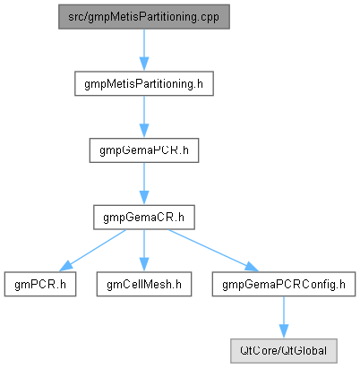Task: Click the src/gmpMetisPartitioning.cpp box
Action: click(x=144, y=17)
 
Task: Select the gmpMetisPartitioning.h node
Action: click(x=144, y=83)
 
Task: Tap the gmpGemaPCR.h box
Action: click(x=144, y=150)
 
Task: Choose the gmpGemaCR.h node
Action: click(x=144, y=218)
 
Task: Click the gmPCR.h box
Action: click(x=40, y=284)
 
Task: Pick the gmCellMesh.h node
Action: click(x=144, y=284)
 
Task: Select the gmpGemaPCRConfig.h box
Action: click(x=284, y=284)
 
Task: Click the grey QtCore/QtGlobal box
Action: click(x=284, y=351)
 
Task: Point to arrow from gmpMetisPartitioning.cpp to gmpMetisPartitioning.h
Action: click(x=144, y=50)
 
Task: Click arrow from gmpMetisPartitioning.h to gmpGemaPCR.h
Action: click(x=144, y=117)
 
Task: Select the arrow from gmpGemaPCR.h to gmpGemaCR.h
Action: click(x=144, y=184)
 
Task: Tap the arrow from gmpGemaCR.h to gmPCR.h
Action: click(x=92, y=251)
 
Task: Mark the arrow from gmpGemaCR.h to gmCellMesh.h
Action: click(x=144, y=251)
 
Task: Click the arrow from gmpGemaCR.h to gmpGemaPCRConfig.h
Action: click(x=213, y=251)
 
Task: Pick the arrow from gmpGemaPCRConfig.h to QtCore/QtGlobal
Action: click(x=284, y=318)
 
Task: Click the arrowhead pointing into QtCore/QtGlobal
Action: click(x=284, y=332)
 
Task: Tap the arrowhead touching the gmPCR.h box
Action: click(x=65, y=267)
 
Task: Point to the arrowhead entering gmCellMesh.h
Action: click(x=144, y=265)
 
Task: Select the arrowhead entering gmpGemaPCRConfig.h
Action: click(x=253, y=267)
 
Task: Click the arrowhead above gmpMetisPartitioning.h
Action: click(x=144, y=64)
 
